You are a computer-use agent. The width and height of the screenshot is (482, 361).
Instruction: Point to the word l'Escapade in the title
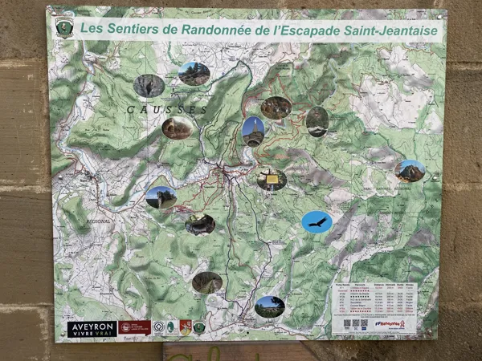coord(308,30)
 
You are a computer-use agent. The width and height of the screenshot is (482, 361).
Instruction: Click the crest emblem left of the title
coord(64,28)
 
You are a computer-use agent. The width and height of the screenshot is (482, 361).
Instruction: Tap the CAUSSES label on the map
coord(165,108)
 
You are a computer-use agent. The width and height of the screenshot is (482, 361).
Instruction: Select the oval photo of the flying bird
coord(317,221)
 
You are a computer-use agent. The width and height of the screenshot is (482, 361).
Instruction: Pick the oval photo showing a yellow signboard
coord(272,178)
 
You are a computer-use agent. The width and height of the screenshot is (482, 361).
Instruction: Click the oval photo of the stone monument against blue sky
coord(253,131)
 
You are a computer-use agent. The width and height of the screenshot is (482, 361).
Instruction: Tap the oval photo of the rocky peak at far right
coord(410,170)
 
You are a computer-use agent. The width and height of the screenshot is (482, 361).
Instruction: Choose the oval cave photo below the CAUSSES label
coord(178,128)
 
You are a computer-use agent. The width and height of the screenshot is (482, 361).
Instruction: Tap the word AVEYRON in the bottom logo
coord(92,325)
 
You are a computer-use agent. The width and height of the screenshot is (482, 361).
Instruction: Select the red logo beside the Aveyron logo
coord(134,327)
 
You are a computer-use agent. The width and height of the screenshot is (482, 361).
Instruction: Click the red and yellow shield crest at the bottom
coord(185,327)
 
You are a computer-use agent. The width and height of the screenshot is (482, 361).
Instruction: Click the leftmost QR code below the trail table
coord(345,324)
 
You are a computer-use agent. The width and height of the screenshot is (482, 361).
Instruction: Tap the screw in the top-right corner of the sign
coord(440,14)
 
